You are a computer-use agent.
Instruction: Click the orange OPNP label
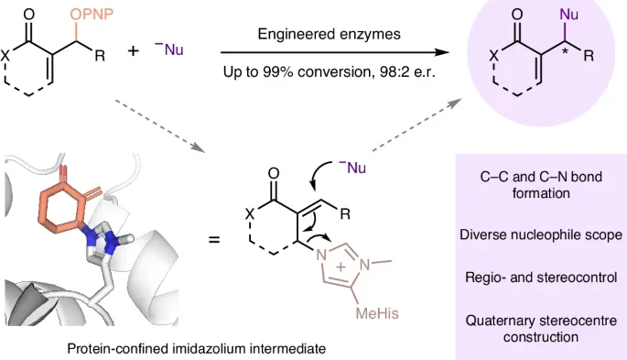coord(92,15)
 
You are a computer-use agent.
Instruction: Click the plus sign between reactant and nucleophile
coord(133,50)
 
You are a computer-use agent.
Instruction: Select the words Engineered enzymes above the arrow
coord(329,34)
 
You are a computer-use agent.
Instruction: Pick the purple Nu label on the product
coord(569,15)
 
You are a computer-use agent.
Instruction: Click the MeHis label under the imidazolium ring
coord(377,312)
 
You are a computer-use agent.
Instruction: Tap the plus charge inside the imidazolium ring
coord(341,267)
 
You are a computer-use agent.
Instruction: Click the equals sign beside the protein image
coord(214,240)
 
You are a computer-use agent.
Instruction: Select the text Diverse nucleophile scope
coord(541,235)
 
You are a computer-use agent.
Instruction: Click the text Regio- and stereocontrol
coord(541,278)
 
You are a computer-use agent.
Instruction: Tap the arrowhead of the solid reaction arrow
coord(443,52)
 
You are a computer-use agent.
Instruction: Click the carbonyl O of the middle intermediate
coord(274,173)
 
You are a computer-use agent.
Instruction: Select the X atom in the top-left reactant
coord(5,56)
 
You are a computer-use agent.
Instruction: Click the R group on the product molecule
coord(589,56)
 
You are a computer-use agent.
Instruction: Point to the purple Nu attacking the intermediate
coord(353,168)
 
